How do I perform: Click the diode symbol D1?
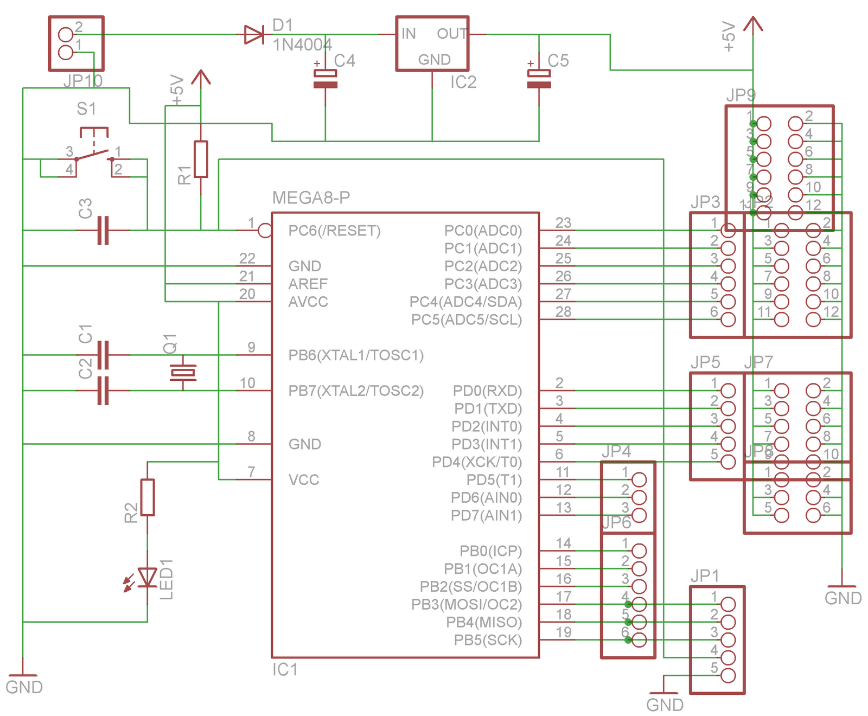coord(254,35)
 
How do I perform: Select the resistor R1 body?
coord(201,159)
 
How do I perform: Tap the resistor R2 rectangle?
coord(147,497)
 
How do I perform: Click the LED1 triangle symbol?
coord(147,577)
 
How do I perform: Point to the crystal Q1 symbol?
coord(183,372)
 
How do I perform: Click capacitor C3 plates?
coord(103,231)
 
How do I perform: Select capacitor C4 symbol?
coord(325,79)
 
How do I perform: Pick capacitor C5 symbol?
coord(539,79)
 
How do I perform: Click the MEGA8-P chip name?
coord(311,197)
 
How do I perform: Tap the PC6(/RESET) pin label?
coord(334,231)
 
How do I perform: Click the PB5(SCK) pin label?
coord(488,640)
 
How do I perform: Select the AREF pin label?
coord(308,284)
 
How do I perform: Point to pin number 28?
coord(563,312)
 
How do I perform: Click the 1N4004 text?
coord(302,45)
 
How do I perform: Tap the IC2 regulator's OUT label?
coord(451,34)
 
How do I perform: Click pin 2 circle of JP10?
coord(66,35)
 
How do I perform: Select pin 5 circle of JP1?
coord(728,675)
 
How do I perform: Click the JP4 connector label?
coord(616,451)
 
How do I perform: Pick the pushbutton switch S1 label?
coord(86,109)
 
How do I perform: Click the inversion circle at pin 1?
coord(265,231)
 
